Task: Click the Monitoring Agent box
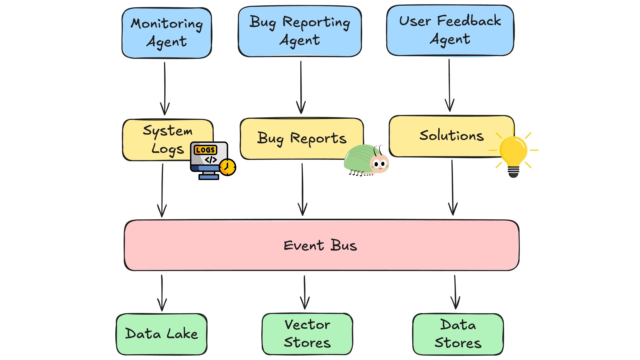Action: pyautogui.click(x=167, y=33)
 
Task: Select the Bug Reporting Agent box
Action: pyautogui.click(x=300, y=31)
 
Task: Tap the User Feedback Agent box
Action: pyautogui.click(x=450, y=30)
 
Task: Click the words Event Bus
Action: pyautogui.click(x=320, y=246)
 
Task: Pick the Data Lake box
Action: pyautogui.click(x=162, y=334)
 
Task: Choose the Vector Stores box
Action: pyautogui.click(x=307, y=334)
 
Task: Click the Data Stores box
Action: pyautogui.click(x=458, y=334)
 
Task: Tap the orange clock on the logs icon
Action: pyautogui.click(x=228, y=167)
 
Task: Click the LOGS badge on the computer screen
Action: pyautogui.click(x=205, y=150)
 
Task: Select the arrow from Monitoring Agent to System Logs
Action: pyautogui.click(x=165, y=88)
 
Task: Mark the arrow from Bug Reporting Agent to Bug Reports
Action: pyautogui.click(x=301, y=87)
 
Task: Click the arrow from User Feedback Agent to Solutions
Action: pyautogui.click(x=449, y=85)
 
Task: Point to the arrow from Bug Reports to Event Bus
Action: pyautogui.click(x=302, y=189)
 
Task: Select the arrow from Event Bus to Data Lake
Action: pyautogui.click(x=162, y=293)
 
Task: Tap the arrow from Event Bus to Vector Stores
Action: pyautogui.click(x=305, y=292)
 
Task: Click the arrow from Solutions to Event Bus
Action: pyautogui.click(x=452, y=187)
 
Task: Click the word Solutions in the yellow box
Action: pyautogui.click(x=451, y=136)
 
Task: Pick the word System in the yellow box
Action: pyautogui.click(x=168, y=130)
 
